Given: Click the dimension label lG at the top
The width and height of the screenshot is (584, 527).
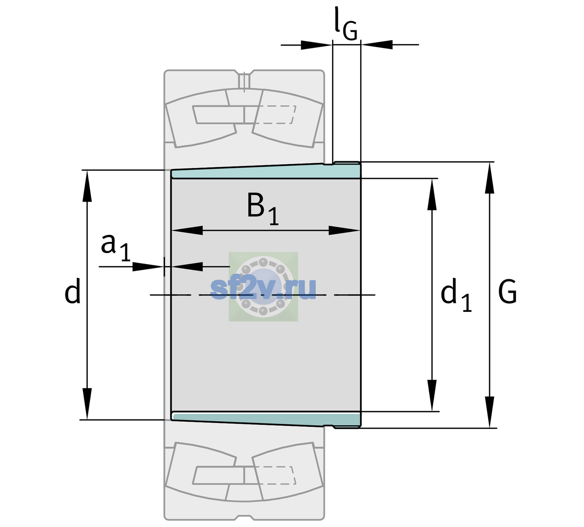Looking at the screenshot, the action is coord(346,24).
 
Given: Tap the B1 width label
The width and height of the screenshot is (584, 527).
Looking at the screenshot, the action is coord(263,209).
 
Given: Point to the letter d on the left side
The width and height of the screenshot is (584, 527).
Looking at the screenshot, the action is coord(72,291).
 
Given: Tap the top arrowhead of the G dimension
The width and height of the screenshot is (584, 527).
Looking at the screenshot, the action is coord(490,178).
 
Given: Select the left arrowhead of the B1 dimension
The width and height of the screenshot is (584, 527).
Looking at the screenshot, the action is coord(187,230).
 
